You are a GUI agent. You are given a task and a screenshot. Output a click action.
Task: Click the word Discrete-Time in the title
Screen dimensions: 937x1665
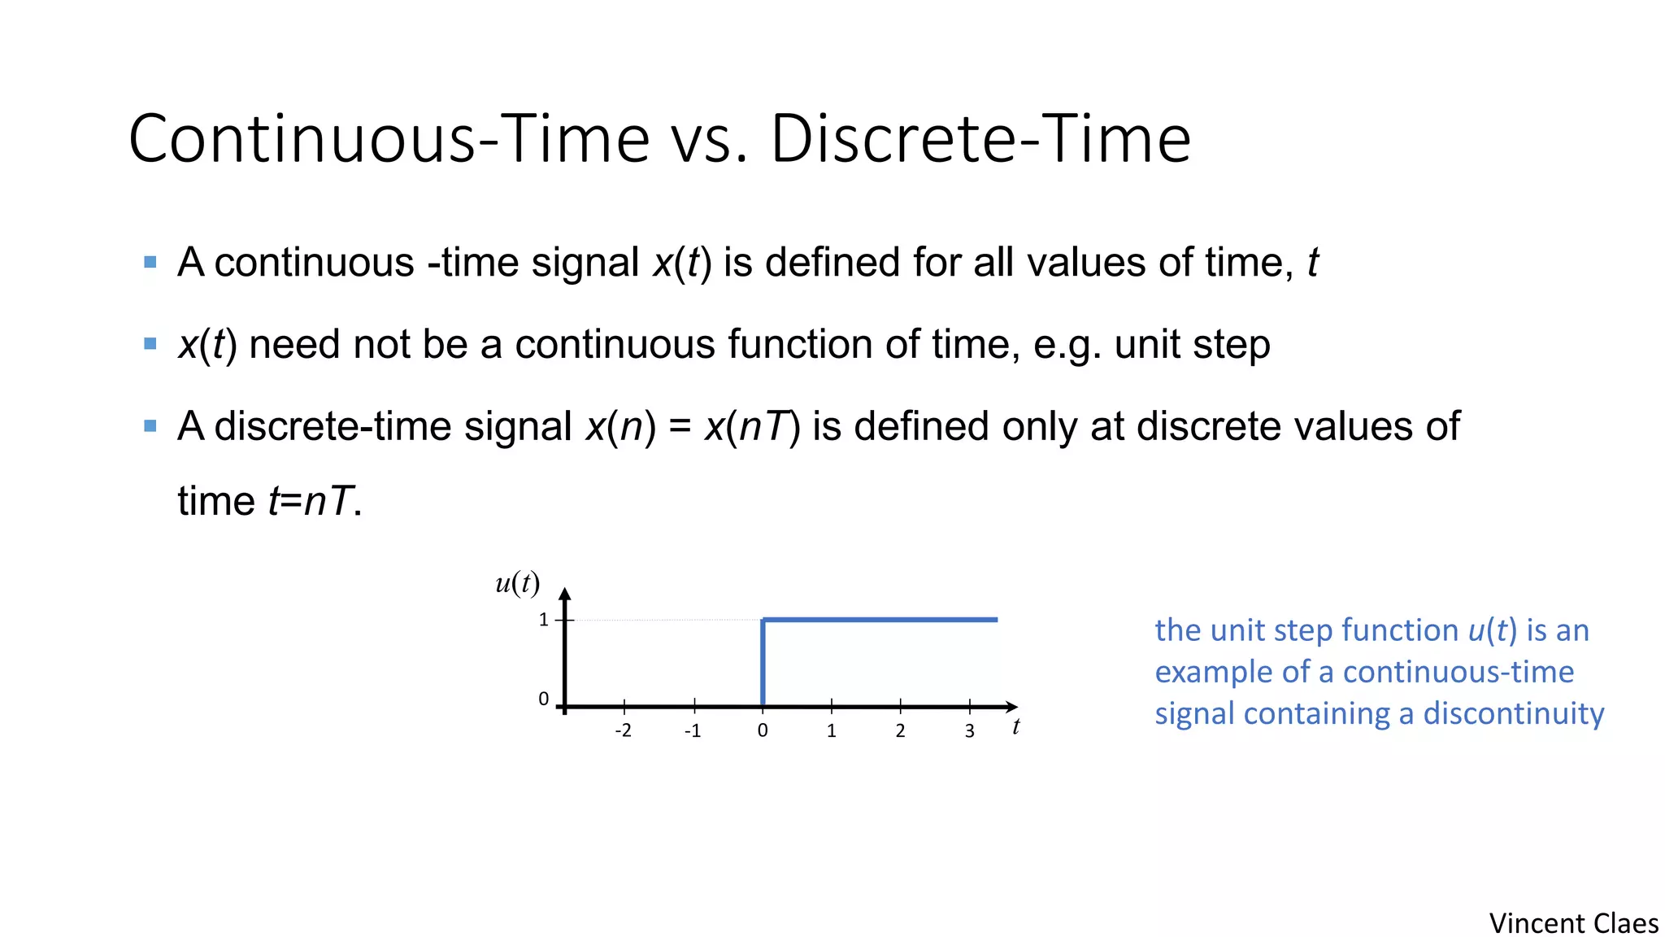[x=980, y=139]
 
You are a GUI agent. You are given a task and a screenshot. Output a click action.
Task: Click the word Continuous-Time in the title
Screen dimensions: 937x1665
[x=389, y=139]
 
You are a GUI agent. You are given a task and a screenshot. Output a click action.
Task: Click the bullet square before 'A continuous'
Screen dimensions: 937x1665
[x=150, y=262]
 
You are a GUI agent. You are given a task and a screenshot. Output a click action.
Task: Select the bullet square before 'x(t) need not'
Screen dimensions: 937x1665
[x=150, y=343]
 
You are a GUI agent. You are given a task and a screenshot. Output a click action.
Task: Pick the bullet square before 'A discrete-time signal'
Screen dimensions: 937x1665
[x=150, y=425]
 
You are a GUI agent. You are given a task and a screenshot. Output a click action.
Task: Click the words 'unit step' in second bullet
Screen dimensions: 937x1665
[x=1192, y=344]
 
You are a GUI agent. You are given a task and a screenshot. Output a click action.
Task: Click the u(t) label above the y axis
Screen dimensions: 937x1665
[x=517, y=582]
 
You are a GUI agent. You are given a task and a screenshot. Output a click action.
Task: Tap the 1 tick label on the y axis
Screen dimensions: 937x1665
[x=543, y=620]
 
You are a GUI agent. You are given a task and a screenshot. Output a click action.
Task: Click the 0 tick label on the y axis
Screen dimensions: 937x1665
[x=543, y=699]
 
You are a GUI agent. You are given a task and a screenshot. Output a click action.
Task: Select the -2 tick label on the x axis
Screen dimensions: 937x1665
[x=623, y=730]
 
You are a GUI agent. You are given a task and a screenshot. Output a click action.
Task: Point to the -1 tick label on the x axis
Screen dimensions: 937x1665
[x=692, y=730]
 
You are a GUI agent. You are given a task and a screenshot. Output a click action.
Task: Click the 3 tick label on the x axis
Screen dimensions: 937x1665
[x=969, y=730]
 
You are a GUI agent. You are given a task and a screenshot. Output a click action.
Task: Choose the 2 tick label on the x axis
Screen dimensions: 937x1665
[x=900, y=730]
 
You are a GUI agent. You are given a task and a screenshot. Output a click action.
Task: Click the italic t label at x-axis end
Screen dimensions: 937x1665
[x=1015, y=726]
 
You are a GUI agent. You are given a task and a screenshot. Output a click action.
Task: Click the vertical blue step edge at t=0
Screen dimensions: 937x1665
[x=763, y=663]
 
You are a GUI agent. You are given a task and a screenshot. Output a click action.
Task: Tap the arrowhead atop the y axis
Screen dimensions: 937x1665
[x=565, y=595]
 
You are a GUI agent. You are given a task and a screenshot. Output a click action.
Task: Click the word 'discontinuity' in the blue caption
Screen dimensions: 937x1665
[x=1513, y=713]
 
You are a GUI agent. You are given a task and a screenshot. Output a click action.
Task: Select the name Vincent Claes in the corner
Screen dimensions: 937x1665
[x=1573, y=923]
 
